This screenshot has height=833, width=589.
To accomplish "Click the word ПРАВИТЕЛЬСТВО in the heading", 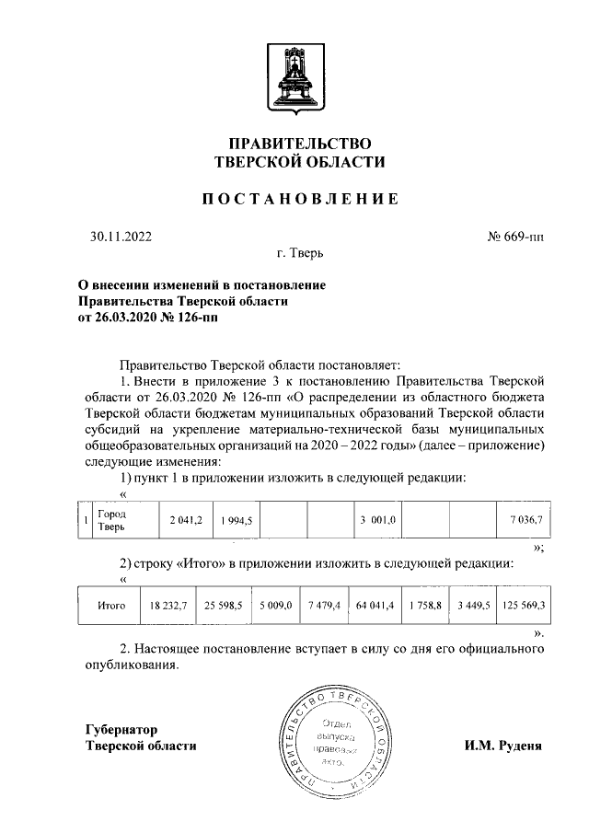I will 294,144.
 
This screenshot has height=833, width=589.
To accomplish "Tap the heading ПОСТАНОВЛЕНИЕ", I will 294,199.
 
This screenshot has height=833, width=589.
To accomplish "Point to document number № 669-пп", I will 514,237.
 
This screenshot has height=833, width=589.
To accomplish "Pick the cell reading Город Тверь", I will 116,520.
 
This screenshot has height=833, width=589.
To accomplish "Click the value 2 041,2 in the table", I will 184,521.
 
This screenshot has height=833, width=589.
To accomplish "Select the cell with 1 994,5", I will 237,521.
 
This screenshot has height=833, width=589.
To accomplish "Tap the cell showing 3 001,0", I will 378,521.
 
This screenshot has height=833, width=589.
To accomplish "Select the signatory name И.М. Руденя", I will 502,746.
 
